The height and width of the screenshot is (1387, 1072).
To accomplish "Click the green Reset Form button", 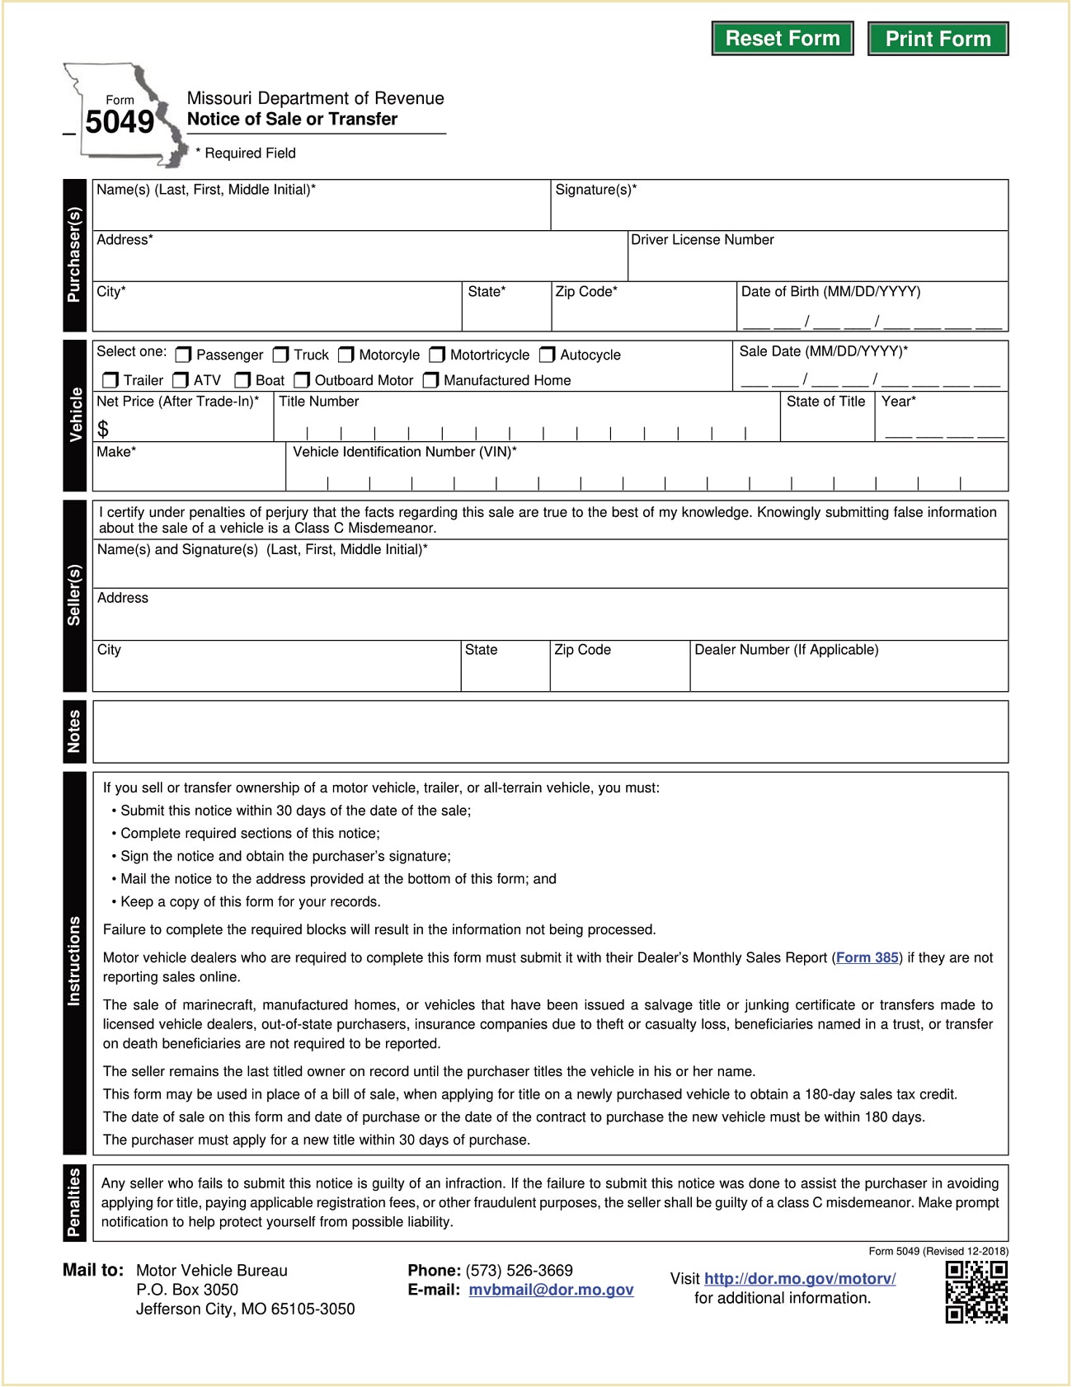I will tap(782, 39).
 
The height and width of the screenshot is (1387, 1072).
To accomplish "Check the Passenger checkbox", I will tap(183, 355).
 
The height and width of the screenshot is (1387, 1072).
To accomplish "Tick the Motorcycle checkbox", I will tap(346, 355).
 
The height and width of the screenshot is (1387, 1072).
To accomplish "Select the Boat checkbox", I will tap(242, 380).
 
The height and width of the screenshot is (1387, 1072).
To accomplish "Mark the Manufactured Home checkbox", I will tap(430, 380).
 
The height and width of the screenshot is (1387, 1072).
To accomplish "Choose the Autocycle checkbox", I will tap(547, 355).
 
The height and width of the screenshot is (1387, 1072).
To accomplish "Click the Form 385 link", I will tap(867, 957).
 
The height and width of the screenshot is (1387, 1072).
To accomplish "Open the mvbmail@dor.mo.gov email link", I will tap(551, 1290).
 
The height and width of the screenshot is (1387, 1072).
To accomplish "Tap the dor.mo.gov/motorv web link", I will tap(800, 1278).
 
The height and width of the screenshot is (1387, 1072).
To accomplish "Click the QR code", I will tap(976, 1292).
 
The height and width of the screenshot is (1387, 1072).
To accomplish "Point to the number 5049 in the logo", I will tap(120, 122).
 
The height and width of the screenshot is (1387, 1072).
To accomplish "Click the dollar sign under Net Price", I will tap(103, 429).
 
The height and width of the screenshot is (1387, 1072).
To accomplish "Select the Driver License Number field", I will tap(817, 263).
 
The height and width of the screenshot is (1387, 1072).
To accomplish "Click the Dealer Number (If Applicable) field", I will tap(849, 673).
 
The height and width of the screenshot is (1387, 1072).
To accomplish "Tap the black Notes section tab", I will tap(74, 731).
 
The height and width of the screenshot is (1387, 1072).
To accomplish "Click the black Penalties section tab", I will tap(74, 1202).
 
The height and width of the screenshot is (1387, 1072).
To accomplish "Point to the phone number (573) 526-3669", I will tap(519, 1270).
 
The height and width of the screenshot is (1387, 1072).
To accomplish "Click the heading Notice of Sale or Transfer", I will tap(292, 119).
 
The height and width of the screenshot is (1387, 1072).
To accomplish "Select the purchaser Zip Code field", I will tap(643, 313).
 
